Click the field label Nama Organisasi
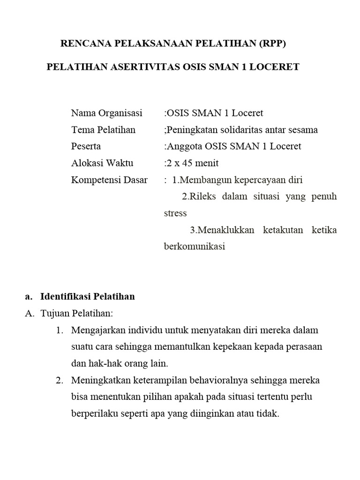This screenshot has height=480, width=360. [106, 113]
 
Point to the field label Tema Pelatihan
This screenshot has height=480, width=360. [103, 130]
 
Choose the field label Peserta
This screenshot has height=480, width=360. [86, 146]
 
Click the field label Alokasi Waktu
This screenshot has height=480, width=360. [102, 163]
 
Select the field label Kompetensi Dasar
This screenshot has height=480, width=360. [109, 180]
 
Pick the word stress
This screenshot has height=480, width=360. [175, 213]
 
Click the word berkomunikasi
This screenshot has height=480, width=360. [195, 246]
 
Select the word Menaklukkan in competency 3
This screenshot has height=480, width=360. [222, 230]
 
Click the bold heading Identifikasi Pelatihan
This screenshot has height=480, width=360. [88, 296]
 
